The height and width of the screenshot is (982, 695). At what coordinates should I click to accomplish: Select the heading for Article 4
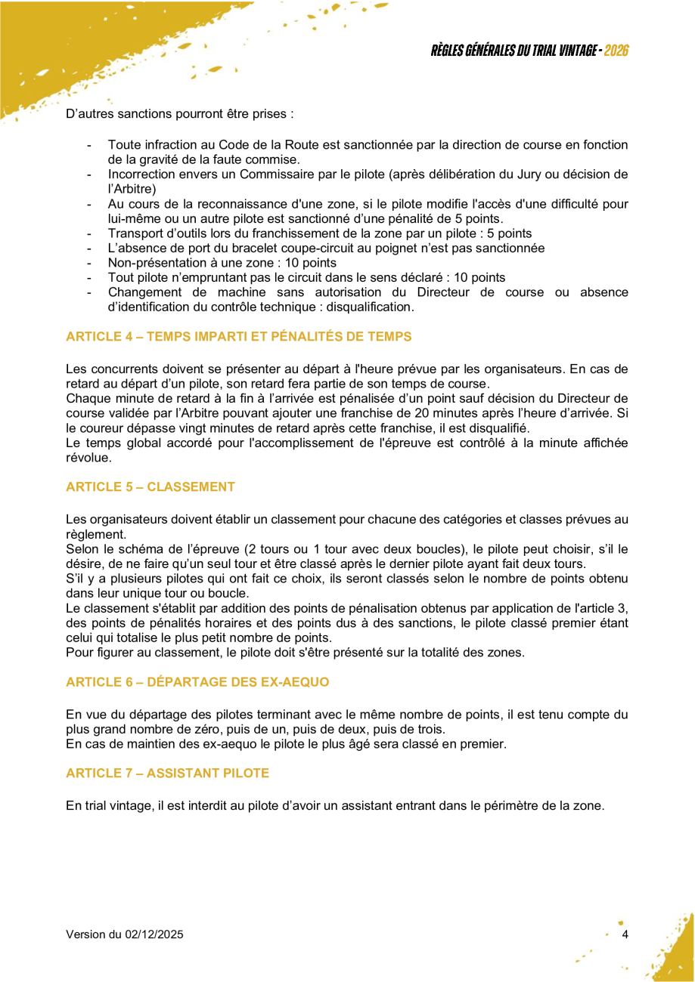(x=238, y=336)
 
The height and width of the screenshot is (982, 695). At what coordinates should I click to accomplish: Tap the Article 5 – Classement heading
(x=150, y=486)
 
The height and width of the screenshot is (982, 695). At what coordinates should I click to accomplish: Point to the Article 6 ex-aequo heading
(x=197, y=682)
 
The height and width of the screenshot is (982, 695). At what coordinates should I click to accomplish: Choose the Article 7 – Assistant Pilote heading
(x=167, y=774)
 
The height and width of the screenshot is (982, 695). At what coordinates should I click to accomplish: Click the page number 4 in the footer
(x=625, y=934)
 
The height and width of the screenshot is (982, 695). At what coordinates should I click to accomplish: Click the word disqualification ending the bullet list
(x=370, y=307)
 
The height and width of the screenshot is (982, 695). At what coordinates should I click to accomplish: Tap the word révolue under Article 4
(x=88, y=458)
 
